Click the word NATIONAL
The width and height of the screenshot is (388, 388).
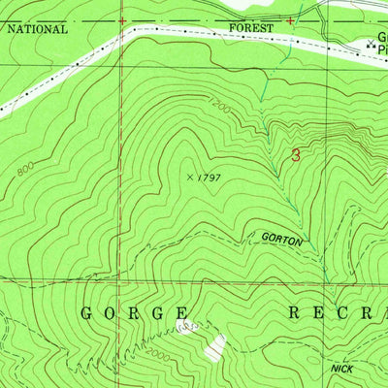tap(38, 29)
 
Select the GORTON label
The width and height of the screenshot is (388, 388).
tap(282, 237)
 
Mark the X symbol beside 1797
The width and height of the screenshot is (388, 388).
tap(189, 177)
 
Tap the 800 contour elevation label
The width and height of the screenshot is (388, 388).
tap(24, 171)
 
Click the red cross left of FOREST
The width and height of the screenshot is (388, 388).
tap(122, 19)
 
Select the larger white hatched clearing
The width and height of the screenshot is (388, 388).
tap(220, 346)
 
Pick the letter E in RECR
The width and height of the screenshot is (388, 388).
tap(323, 313)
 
